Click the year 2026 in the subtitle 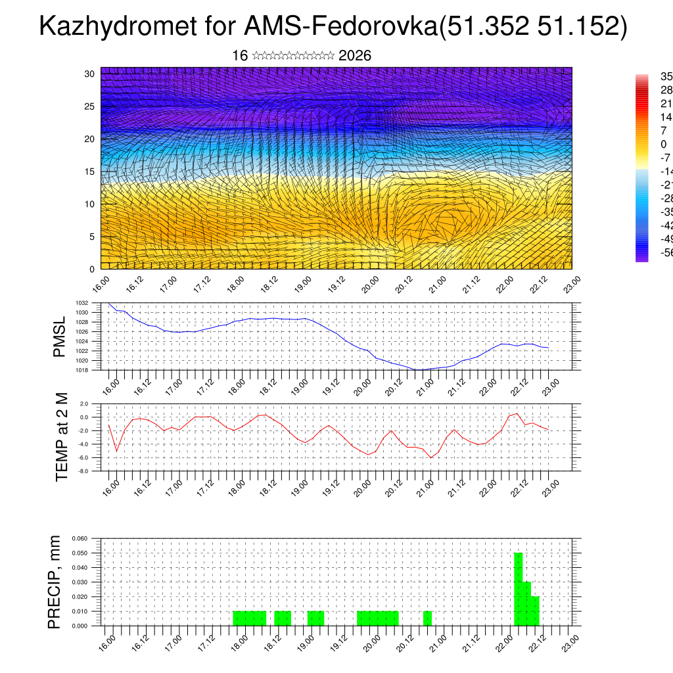(355, 56)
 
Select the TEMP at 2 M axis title (62, 436)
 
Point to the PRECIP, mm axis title (55, 582)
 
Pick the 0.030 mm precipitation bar (527, 603)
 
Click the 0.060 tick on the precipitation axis (80, 538)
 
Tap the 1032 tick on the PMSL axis (81, 303)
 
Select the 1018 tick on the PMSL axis (81, 370)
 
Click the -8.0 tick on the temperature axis (83, 471)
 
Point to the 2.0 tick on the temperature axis (85, 404)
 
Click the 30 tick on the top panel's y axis (90, 74)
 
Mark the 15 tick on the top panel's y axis (90, 172)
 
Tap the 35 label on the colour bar (665, 76)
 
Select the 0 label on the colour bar (664, 144)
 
